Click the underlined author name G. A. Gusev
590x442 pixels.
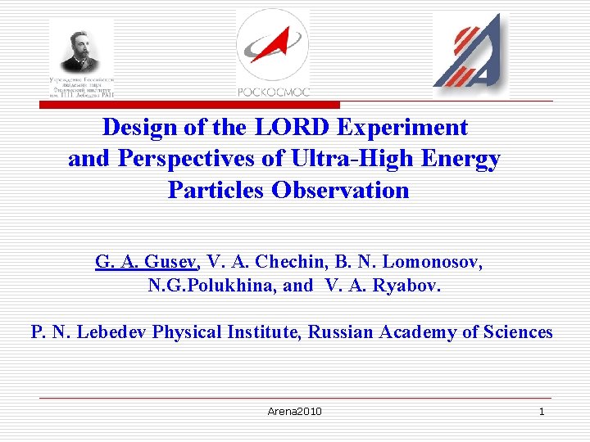tap(146, 262)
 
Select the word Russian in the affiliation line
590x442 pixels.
tap(342, 332)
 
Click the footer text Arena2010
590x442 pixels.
tap(294, 411)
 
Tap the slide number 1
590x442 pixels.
tap(541, 411)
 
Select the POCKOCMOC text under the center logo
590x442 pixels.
tap(273, 91)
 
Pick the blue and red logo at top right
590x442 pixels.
tap(469, 53)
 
